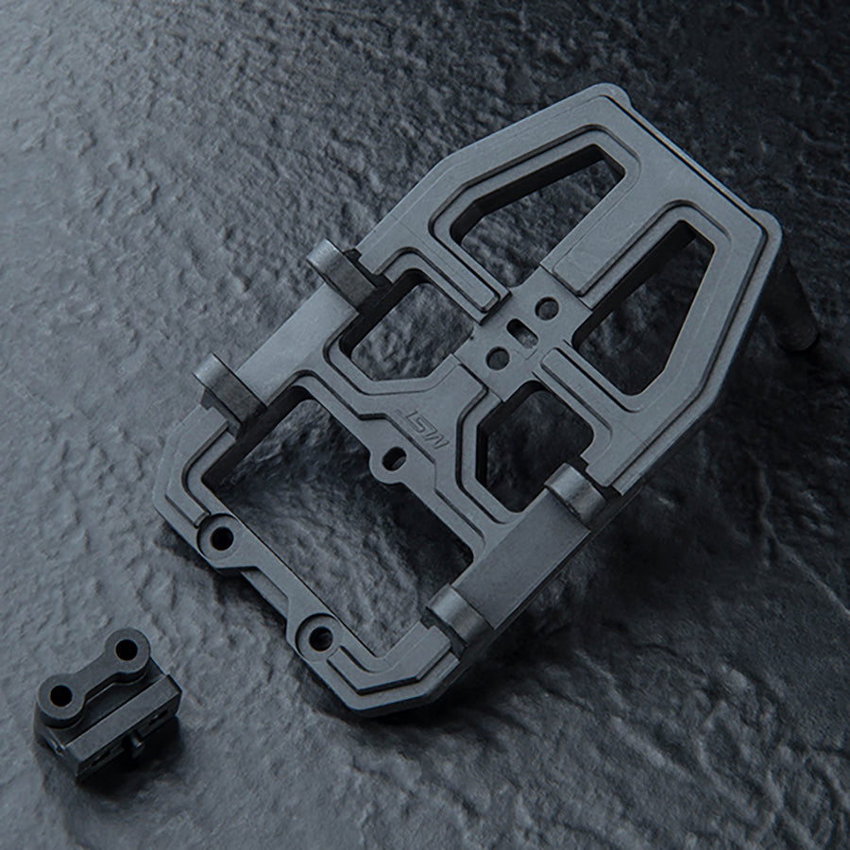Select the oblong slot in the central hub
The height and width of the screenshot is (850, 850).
(518, 331)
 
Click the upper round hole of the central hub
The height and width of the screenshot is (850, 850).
(547, 308)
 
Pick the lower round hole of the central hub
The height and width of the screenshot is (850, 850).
(497, 358)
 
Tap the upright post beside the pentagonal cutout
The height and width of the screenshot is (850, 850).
(576, 491)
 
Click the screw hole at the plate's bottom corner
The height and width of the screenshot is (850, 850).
(320, 638)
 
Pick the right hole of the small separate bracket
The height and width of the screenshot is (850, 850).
(126, 650)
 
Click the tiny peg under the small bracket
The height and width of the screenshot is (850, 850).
(134, 746)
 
